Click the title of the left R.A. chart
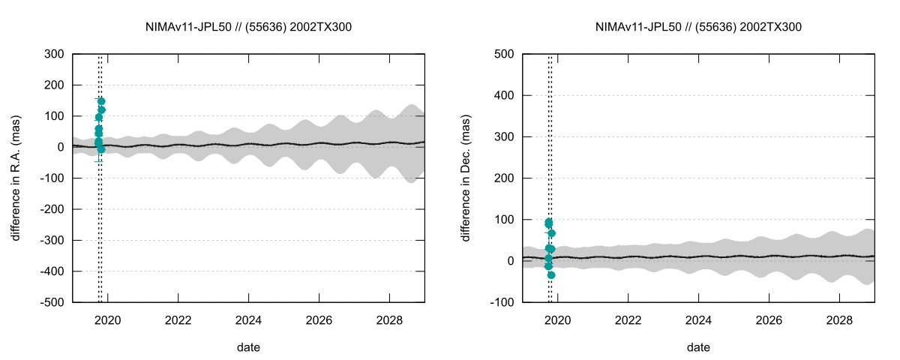[249, 27]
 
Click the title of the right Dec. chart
[699, 27]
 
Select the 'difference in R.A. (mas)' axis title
[16, 178]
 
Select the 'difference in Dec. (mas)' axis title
[466, 178]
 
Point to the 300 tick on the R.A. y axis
[54, 54]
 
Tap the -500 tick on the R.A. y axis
[52, 302]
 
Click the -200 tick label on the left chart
[52, 209]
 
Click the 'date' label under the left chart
[249, 347]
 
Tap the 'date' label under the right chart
[699, 347]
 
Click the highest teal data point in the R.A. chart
[101, 101]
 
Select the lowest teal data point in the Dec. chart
[551, 275]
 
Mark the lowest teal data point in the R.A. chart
[101, 149]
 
